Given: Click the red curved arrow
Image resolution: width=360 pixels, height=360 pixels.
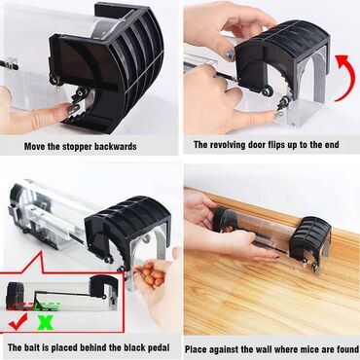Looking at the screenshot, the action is [x=349, y=76].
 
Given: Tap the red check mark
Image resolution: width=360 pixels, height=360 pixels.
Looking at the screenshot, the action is [x=18, y=322].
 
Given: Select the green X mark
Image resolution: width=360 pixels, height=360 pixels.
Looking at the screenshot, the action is [x=46, y=322].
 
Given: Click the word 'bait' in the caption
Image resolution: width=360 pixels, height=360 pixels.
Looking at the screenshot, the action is [x=32, y=348].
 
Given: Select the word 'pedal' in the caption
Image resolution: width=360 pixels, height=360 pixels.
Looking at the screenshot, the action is [x=158, y=348].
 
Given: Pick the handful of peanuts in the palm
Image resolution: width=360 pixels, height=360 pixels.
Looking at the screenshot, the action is [x=152, y=274].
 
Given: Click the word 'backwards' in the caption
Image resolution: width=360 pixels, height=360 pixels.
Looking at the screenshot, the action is [x=116, y=146].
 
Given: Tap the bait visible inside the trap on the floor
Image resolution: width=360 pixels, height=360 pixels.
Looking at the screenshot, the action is [x=229, y=229].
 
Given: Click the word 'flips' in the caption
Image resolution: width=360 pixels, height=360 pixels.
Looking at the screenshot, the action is [x=279, y=145].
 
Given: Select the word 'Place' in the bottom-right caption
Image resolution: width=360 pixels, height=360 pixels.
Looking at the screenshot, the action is [x=198, y=349].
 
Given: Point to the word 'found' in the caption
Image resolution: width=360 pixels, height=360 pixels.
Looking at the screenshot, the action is [x=346, y=349].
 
